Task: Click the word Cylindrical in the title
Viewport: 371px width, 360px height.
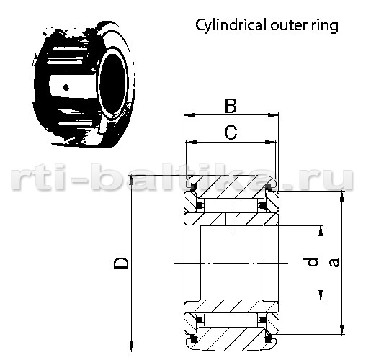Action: (x=231, y=25)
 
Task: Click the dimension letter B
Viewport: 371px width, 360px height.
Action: (x=231, y=106)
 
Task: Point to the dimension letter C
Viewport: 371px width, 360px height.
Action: (x=231, y=132)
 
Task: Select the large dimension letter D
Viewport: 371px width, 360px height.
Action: (x=121, y=264)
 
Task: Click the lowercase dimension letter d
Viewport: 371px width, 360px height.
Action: (x=312, y=262)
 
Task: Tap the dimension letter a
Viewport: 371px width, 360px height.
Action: (x=334, y=262)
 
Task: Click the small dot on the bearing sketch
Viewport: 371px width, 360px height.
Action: (x=66, y=88)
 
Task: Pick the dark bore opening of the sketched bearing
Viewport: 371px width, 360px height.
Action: (x=112, y=84)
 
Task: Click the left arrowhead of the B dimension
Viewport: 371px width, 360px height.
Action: (x=189, y=115)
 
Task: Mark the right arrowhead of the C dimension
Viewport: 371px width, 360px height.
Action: (x=271, y=143)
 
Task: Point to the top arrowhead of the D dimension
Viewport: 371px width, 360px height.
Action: (x=131, y=181)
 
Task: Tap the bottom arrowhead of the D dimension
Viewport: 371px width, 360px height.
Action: (x=131, y=346)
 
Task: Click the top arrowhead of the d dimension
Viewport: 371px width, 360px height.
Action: (x=321, y=231)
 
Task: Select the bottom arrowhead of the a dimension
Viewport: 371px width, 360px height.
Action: (x=342, y=329)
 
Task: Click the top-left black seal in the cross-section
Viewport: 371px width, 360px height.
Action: (x=194, y=186)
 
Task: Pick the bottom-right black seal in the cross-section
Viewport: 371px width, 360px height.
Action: (x=267, y=339)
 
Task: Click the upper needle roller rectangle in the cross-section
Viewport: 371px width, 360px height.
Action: (x=231, y=205)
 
